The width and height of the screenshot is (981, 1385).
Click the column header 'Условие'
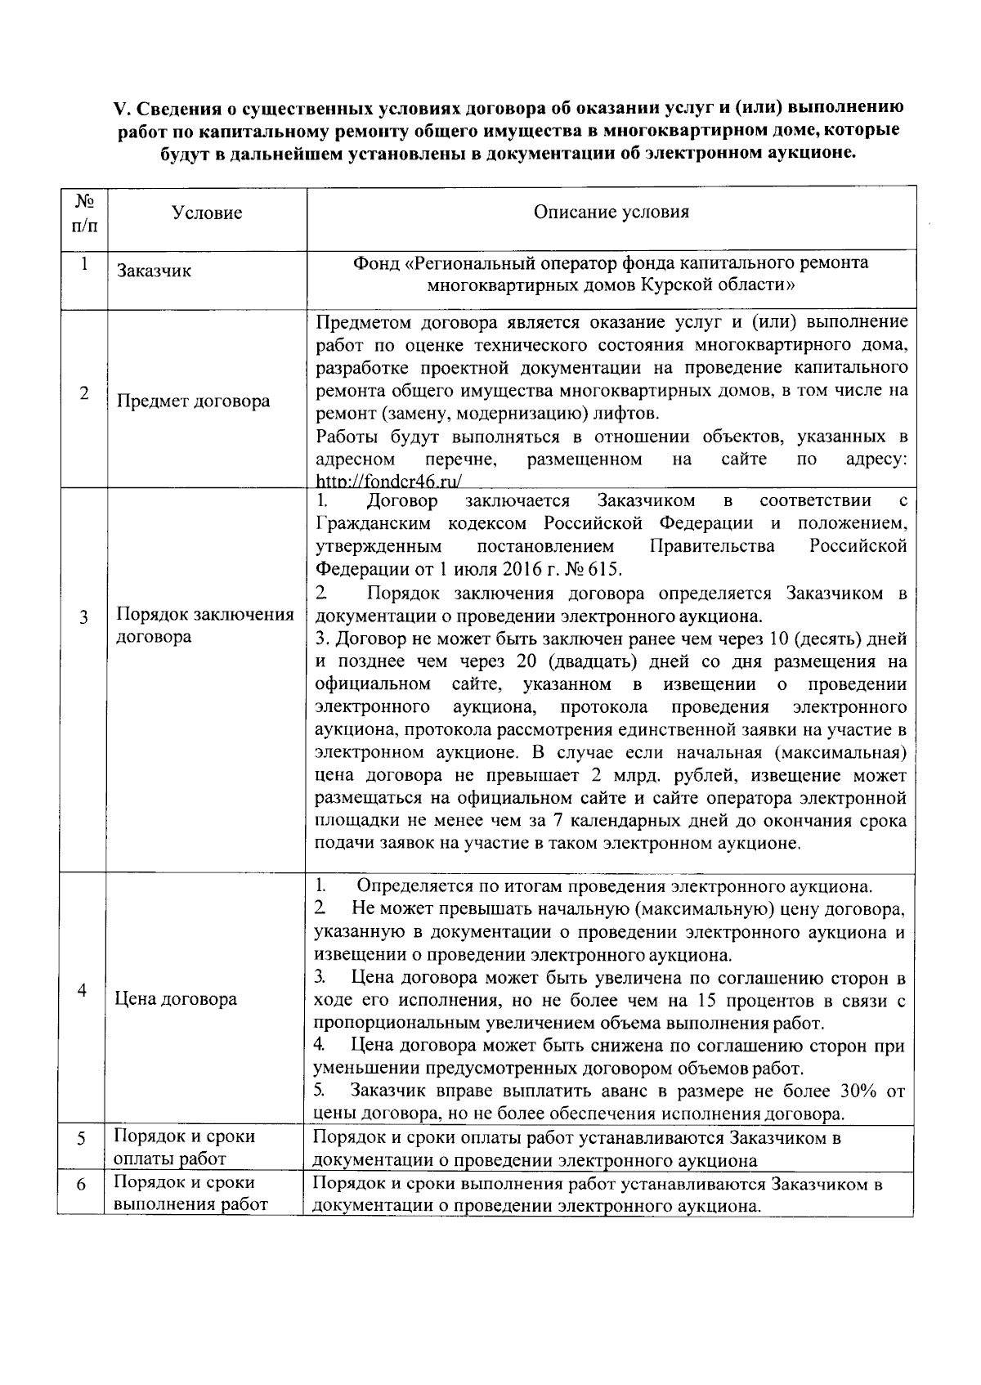[207, 213]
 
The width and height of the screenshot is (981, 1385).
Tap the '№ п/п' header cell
[83, 213]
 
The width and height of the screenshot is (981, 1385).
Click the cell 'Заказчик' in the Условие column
[154, 271]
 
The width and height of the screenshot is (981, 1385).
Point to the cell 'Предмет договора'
[193, 401]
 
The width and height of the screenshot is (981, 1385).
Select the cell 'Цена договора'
[176, 999]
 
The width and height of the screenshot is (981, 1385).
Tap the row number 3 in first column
[83, 618]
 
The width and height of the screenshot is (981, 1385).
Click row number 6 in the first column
[81, 1185]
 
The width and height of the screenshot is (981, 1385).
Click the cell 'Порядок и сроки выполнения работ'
[190, 1194]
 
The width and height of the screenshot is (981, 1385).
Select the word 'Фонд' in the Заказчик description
[375, 263]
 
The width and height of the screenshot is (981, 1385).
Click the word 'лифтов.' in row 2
[629, 412]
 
